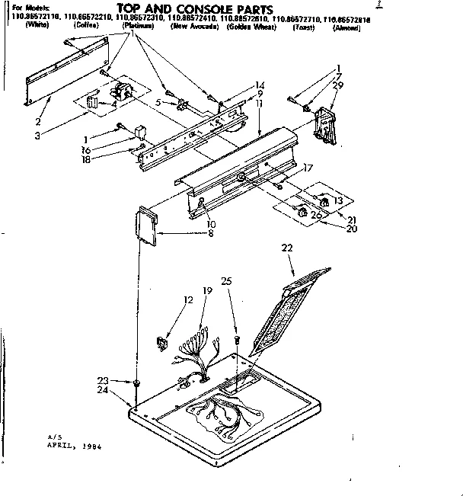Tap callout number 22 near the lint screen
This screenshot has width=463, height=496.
pyautogui.click(x=287, y=247)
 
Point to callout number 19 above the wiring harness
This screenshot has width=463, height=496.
pyautogui.click(x=207, y=290)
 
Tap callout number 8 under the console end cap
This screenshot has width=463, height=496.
pyautogui.click(x=210, y=232)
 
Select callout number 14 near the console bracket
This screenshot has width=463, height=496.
pyautogui.click(x=260, y=85)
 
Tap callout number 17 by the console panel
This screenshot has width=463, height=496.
pyautogui.click(x=308, y=168)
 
